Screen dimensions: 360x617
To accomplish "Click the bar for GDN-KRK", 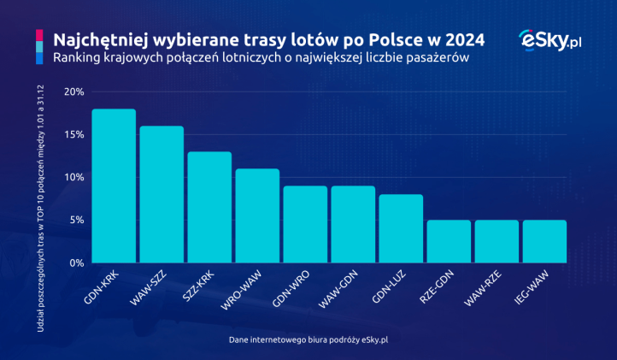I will [x=114, y=186].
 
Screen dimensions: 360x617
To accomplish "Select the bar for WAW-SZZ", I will [x=162, y=194].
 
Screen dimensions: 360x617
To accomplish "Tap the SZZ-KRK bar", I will [x=209, y=207].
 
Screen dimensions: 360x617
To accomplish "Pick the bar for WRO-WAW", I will [x=257, y=215].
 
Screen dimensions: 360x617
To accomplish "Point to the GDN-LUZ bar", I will [x=401, y=228].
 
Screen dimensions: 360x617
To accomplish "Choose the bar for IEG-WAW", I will [x=544, y=241].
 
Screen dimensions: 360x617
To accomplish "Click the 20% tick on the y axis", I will [x=73, y=91].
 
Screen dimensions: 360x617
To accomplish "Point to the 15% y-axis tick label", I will [x=73, y=134].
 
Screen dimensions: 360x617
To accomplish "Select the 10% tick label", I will [x=73, y=177].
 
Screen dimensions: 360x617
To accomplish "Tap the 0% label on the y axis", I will [x=75, y=263].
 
